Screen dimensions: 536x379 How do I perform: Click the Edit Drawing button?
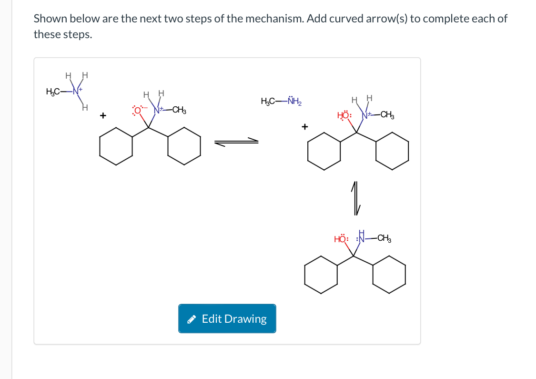tap(227, 318)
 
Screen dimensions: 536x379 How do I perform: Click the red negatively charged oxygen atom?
tap(138, 111)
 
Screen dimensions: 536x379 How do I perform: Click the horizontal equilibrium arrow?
tap(236, 142)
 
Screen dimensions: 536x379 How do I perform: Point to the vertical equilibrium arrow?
tap(356, 197)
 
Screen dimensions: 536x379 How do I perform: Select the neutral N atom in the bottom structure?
tap(361, 238)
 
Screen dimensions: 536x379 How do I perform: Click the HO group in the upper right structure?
tap(344, 115)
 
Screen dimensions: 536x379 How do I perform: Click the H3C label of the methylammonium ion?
tap(53, 92)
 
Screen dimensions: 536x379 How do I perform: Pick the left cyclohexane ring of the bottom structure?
tap(321, 274)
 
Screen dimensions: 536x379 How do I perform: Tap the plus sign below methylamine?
tap(305, 127)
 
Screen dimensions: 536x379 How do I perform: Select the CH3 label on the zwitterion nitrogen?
tap(179, 111)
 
